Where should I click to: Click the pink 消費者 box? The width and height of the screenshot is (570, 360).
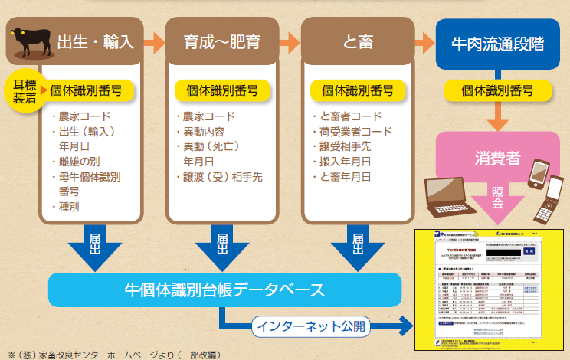498,159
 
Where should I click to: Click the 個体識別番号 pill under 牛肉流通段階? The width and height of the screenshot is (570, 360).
498,90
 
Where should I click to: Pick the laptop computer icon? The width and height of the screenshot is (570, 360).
447,195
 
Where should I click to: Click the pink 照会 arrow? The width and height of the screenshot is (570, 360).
498,201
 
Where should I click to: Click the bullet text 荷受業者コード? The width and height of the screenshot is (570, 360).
356,131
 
